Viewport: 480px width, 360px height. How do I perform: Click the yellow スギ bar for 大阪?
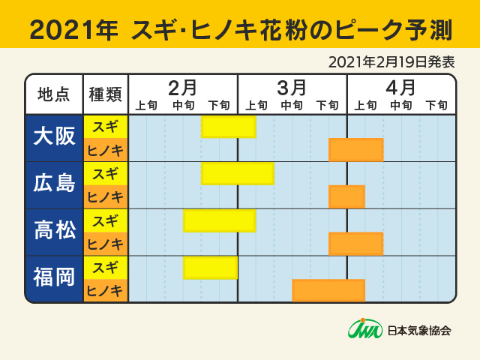click(x=229, y=127)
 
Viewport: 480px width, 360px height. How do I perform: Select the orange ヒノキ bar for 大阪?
click(x=356, y=150)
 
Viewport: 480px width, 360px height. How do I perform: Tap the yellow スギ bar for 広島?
click(x=238, y=173)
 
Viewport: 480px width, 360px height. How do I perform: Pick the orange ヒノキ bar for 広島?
click(x=347, y=196)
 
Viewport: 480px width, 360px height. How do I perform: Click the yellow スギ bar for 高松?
click(x=220, y=220)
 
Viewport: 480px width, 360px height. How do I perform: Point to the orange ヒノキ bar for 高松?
click(x=356, y=244)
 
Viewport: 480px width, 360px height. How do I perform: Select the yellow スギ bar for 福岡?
click(x=211, y=267)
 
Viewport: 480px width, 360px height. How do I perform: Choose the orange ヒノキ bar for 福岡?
click(x=328, y=290)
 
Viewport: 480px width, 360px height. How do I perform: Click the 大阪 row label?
click(x=54, y=138)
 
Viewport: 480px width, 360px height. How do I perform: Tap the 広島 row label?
click(x=54, y=184)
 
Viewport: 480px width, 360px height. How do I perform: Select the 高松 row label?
click(x=54, y=232)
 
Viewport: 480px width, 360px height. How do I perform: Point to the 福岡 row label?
click(x=54, y=278)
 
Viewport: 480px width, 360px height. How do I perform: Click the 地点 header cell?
click(x=54, y=94)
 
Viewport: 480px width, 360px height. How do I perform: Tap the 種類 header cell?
click(x=106, y=94)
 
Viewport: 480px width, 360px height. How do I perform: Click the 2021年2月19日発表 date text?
click(x=391, y=61)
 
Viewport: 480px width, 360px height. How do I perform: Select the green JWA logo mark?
click(x=365, y=328)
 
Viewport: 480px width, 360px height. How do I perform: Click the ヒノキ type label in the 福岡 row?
click(x=106, y=290)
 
